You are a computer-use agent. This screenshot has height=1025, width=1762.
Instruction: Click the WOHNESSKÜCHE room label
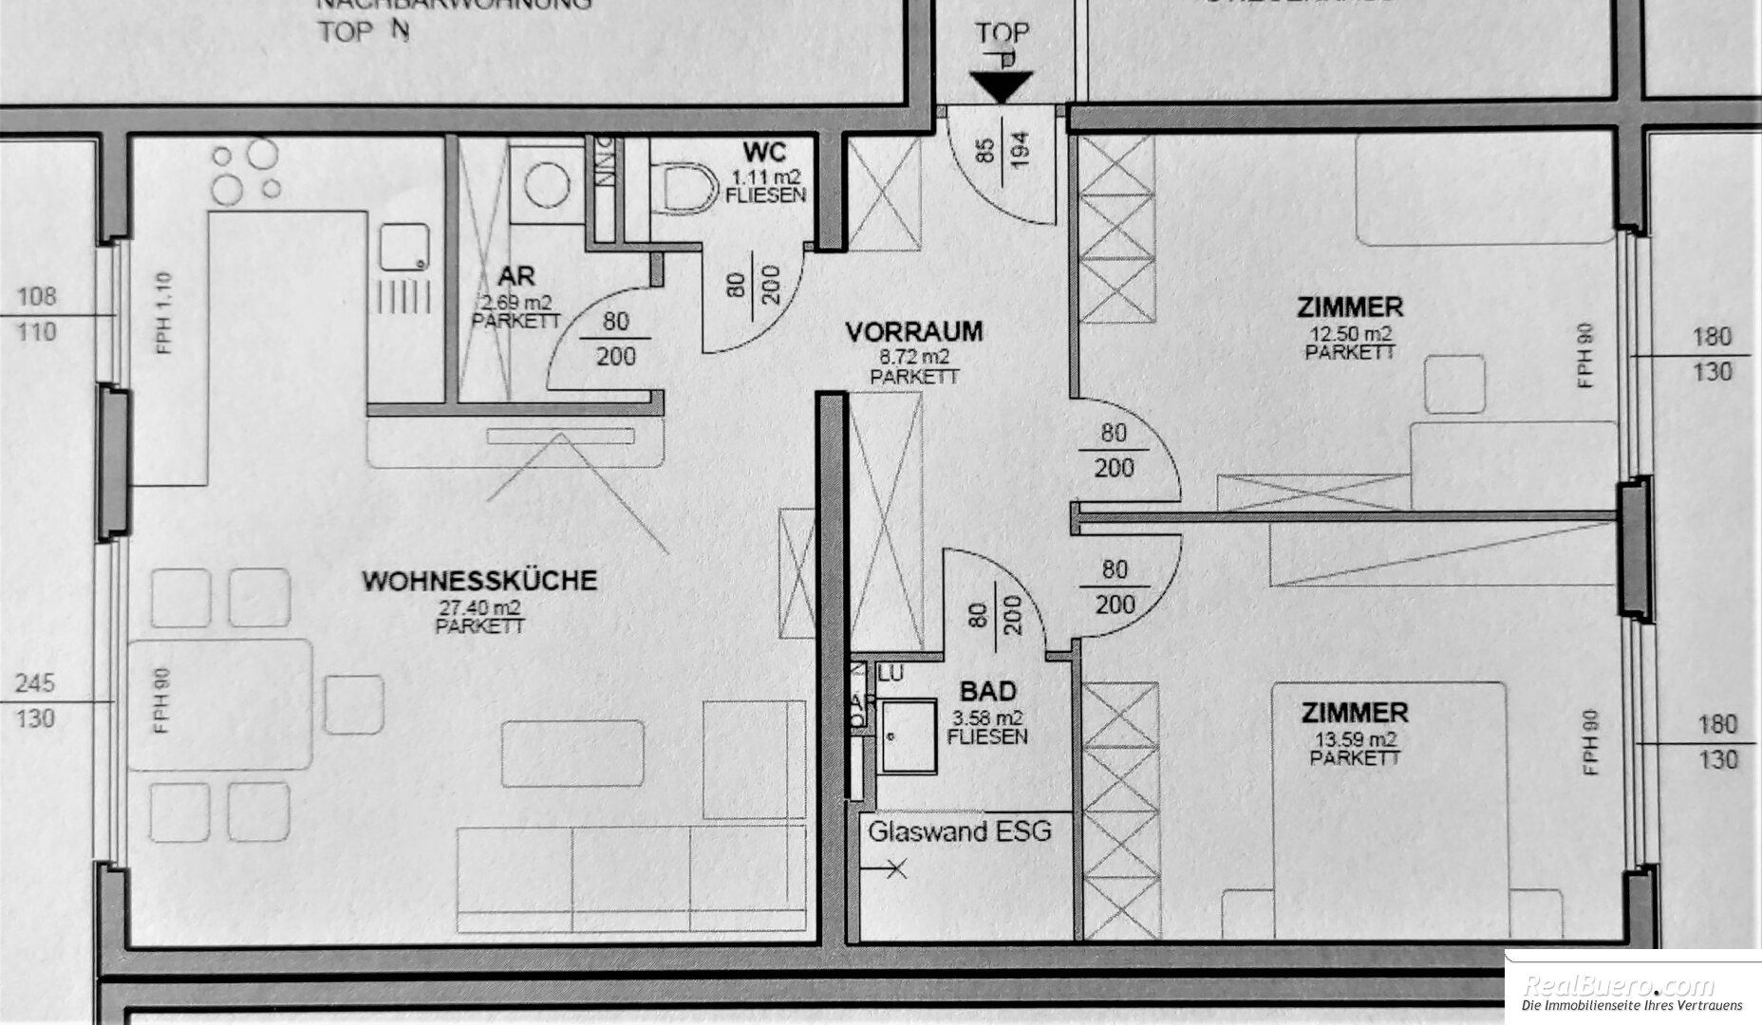tap(479, 580)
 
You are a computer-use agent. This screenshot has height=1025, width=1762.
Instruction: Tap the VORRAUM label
tap(914, 332)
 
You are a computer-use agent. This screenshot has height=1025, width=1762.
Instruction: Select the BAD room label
tap(987, 692)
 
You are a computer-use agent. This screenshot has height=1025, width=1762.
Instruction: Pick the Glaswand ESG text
tap(960, 832)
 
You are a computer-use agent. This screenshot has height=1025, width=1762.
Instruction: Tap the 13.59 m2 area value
tap(1355, 739)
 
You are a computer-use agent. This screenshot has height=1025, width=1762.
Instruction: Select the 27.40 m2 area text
tap(479, 607)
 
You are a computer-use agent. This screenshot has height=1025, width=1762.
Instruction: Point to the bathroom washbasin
tap(909, 736)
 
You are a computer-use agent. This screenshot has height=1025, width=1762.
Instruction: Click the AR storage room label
tap(516, 277)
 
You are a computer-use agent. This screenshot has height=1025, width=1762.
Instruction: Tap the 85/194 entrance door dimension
tap(1003, 149)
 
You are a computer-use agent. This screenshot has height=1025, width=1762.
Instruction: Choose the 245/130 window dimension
tap(35, 700)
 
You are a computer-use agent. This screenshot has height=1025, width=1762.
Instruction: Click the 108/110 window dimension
tap(36, 314)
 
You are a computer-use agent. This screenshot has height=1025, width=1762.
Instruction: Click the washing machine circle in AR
tap(547, 184)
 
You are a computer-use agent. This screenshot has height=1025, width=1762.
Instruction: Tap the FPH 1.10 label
tap(165, 313)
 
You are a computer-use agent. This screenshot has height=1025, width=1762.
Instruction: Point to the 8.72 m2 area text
tap(914, 358)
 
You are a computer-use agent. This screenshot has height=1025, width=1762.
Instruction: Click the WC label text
tap(765, 152)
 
